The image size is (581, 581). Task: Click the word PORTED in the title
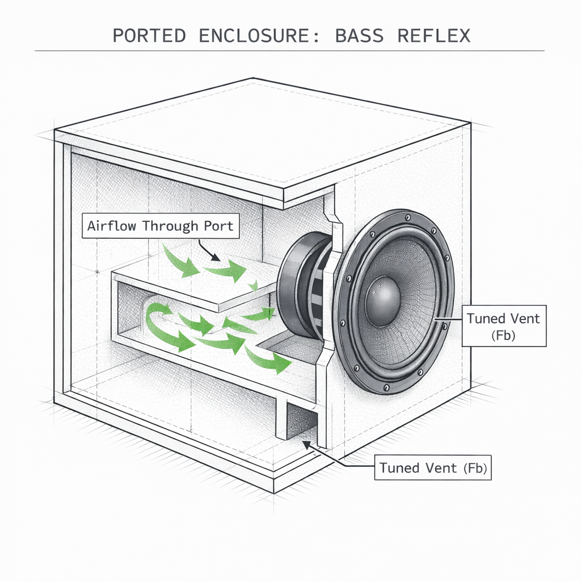149,35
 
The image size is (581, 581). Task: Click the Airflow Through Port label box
160,226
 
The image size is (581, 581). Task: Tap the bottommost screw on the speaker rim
386,388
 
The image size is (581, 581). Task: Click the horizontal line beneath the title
289,51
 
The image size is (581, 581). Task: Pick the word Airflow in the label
112,226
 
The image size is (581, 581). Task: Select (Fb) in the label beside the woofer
504,336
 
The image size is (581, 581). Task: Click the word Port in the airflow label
218,226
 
